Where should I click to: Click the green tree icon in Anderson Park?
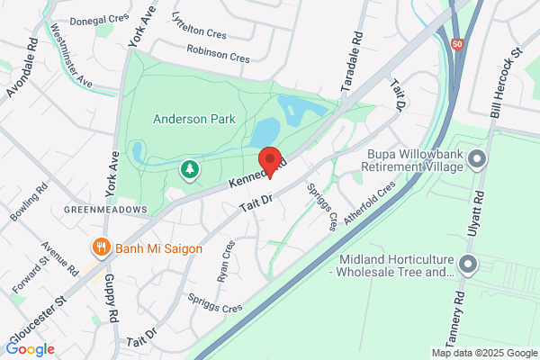pyautogui.click(x=190, y=168)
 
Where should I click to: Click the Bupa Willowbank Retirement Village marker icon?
pyautogui.click(x=477, y=159)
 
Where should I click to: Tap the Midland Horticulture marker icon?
pyautogui.click(x=468, y=264)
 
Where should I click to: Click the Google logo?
pyautogui.click(x=31, y=348)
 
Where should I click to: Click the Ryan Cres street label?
pyautogui.click(x=226, y=260)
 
